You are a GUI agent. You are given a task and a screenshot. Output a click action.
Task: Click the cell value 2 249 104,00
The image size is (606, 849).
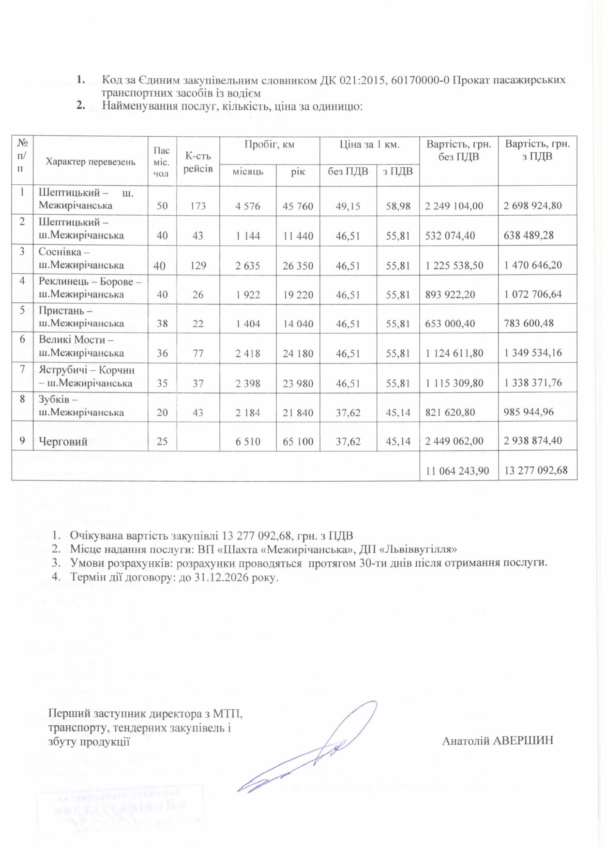(454, 206)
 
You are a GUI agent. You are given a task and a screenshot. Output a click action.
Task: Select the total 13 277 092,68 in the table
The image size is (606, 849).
(536, 470)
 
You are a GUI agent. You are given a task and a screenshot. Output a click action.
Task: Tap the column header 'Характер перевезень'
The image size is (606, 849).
(91, 162)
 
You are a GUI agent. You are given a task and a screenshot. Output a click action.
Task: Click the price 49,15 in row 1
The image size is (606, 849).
(348, 206)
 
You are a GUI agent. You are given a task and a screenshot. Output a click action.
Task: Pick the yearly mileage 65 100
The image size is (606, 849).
(298, 441)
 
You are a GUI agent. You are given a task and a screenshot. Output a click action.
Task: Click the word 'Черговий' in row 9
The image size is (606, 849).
(63, 441)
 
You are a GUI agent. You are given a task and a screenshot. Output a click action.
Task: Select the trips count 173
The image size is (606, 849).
(198, 206)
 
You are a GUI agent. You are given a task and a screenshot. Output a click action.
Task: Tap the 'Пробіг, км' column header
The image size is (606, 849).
(269, 144)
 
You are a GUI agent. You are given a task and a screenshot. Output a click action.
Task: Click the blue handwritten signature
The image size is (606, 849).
(310, 747)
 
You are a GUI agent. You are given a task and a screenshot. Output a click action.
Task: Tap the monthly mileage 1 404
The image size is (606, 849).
(248, 323)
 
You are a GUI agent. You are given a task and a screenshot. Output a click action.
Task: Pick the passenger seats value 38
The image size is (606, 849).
(162, 323)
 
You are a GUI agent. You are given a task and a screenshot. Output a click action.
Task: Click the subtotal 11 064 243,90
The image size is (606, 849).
(457, 470)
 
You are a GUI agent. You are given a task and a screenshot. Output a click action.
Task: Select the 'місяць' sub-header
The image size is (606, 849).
(248, 172)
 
